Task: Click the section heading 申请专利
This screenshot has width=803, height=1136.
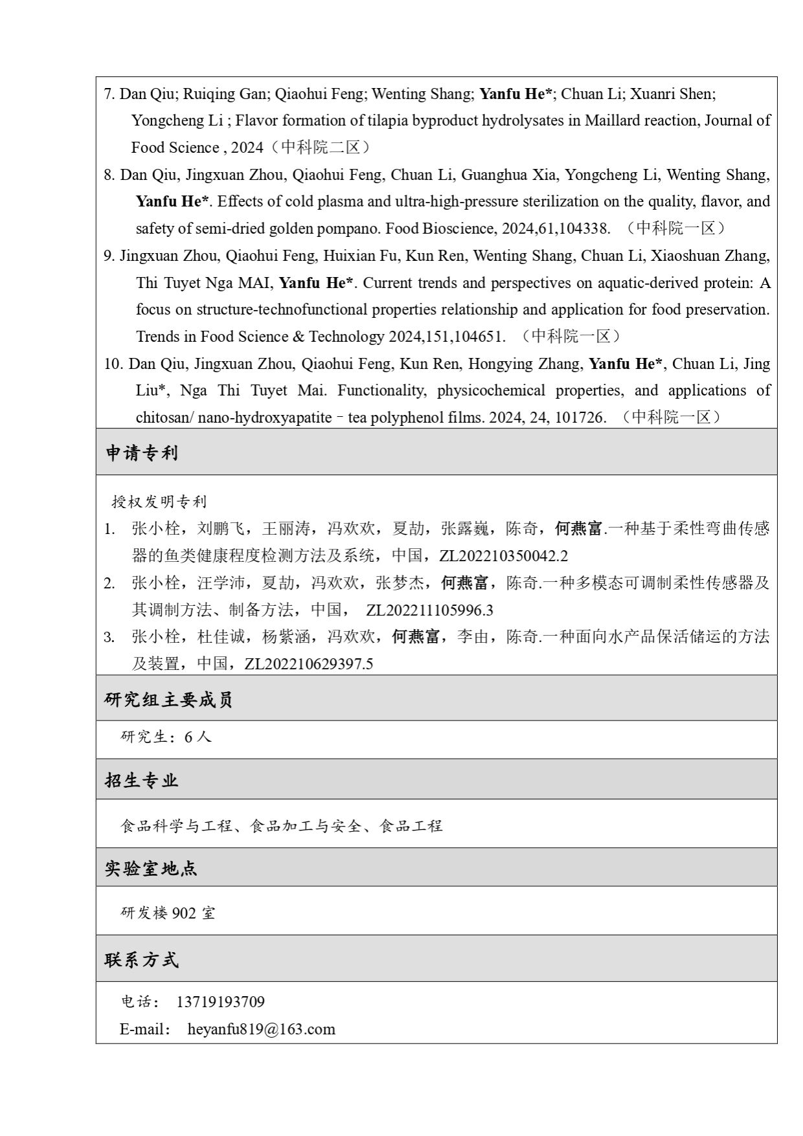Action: coord(141,452)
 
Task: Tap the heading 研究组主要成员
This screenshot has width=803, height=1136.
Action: coord(168,699)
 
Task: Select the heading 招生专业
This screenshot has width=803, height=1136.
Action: coord(141,780)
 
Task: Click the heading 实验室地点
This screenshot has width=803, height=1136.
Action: coord(151,868)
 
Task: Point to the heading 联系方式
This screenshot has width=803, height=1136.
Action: coord(141,959)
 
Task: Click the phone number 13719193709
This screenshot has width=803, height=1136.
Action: coord(220,1002)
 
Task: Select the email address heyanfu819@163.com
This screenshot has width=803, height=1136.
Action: coord(262,1029)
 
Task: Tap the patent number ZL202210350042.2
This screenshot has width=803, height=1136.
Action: coord(503,556)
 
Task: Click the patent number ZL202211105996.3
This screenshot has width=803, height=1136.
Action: coord(429,610)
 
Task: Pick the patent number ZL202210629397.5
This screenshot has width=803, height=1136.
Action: coord(309,664)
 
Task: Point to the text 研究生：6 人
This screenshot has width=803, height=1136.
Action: coord(166,737)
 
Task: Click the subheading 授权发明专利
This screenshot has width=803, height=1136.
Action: coord(159,502)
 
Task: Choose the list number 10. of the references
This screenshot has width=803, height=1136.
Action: coord(113,364)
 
